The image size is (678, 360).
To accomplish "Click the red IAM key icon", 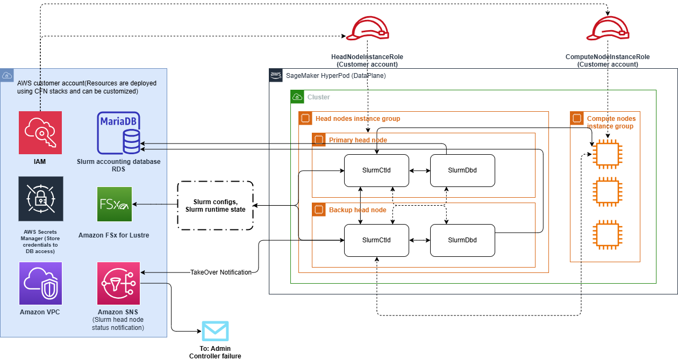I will click(40, 133).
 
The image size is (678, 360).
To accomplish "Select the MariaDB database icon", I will click(118, 133).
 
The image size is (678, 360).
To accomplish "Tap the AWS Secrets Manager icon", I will click(40, 199).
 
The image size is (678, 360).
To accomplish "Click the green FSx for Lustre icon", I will click(114, 204).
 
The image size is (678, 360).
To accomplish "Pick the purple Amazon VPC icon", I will click(40, 283).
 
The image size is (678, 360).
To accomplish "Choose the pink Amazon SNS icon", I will click(118, 283).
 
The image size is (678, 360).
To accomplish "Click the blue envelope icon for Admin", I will click(215, 331).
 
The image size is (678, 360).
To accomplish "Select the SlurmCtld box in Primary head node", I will click(376, 170).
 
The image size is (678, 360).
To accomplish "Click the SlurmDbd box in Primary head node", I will click(462, 170).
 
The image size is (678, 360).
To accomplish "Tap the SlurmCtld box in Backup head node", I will click(376, 240).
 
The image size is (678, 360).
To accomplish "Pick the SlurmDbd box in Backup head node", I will click(462, 240).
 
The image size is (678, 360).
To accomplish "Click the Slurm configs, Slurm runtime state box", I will click(215, 206).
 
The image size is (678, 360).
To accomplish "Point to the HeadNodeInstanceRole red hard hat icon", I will click(367, 28).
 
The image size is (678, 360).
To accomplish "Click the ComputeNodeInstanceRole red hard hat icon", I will click(608, 28).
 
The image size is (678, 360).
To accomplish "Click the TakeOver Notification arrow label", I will click(221, 272).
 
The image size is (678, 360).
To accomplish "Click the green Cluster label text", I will click(318, 97).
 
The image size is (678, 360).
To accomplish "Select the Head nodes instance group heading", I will click(358, 118).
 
